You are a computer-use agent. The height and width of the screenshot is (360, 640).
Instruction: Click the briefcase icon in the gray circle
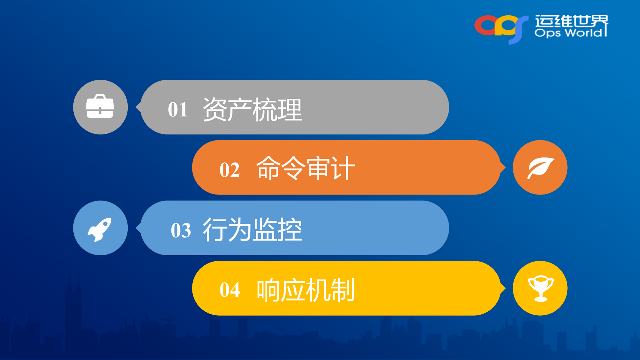(100, 107)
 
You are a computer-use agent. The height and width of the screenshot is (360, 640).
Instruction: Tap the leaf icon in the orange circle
(540, 168)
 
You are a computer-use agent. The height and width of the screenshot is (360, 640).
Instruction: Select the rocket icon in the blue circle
(100, 229)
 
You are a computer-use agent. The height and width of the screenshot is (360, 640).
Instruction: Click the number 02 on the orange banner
(229, 170)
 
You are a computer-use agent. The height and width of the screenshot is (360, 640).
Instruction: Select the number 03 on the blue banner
(181, 230)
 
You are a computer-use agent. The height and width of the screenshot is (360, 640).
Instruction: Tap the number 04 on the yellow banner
(229, 290)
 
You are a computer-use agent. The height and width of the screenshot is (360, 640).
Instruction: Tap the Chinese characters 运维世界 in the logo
(571, 21)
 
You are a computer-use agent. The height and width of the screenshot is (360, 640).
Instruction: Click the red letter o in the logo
(485, 25)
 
